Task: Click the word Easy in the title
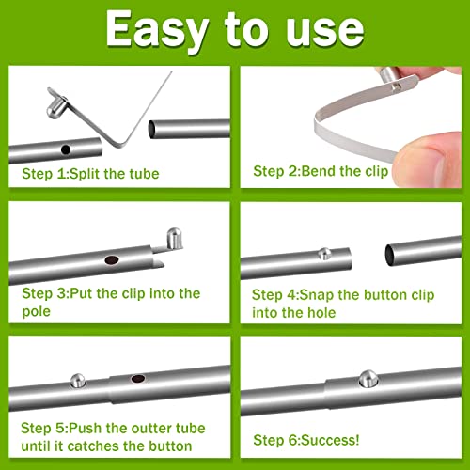[157, 31]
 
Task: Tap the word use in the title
[325, 30]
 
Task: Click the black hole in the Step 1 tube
[66, 149]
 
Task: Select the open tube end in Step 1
[152, 130]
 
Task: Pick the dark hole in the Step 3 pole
[112, 260]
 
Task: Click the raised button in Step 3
[174, 239]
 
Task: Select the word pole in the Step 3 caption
[36, 312]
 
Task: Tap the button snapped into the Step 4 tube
[324, 253]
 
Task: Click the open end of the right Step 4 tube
[390, 255]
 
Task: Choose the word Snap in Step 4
[317, 295]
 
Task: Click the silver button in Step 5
[78, 381]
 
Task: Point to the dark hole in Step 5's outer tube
[138, 379]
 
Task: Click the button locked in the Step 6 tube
[368, 379]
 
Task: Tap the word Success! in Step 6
[330, 440]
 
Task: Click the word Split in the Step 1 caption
[85, 174]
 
